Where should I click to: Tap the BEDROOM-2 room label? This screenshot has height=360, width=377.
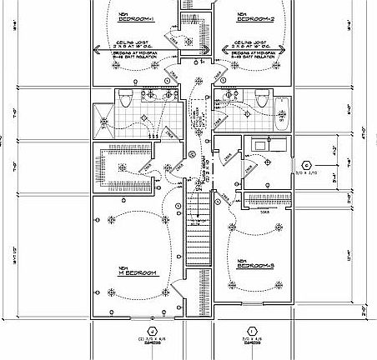click(254, 17)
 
